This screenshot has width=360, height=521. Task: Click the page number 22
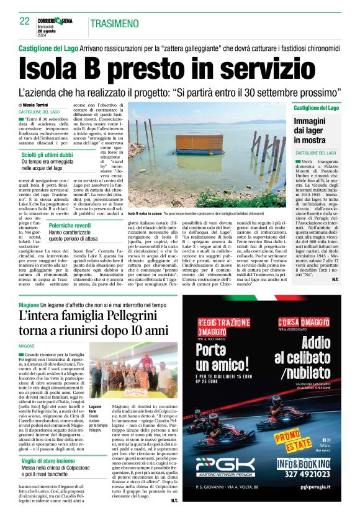pyautogui.click(x=25, y=21)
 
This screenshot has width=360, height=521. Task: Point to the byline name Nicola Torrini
pyautogui.click(x=39, y=105)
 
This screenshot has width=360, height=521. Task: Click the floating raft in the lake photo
pyautogui.click(x=199, y=144)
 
